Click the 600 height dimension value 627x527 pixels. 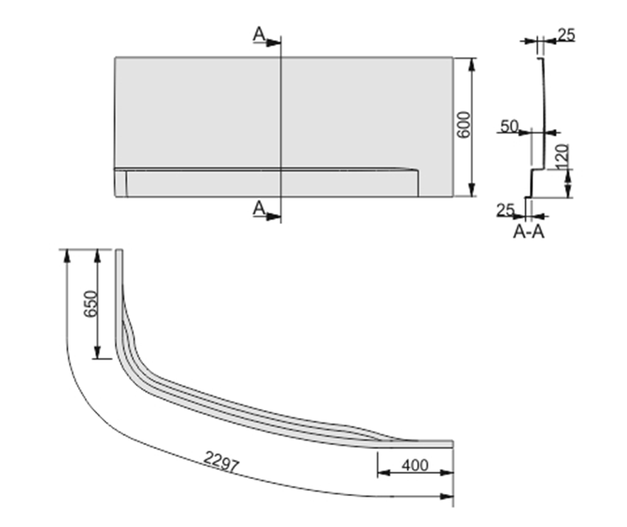tap(463, 126)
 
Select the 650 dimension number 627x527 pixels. tap(90, 304)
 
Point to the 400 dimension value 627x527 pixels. tap(416, 466)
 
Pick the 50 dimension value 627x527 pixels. tap(509, 126)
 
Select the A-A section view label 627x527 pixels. tap(528, 232)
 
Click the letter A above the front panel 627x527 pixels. tap(258, 34)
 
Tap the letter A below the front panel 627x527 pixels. tap(258, 209)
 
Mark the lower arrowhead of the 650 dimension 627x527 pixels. tap(97, 355)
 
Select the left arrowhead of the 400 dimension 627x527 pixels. tap(382, 473)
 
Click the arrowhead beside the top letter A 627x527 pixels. tap(274, 42)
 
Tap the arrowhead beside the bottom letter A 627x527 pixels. tap(274, 217)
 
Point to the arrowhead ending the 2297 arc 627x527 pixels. tap(448, 496)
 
